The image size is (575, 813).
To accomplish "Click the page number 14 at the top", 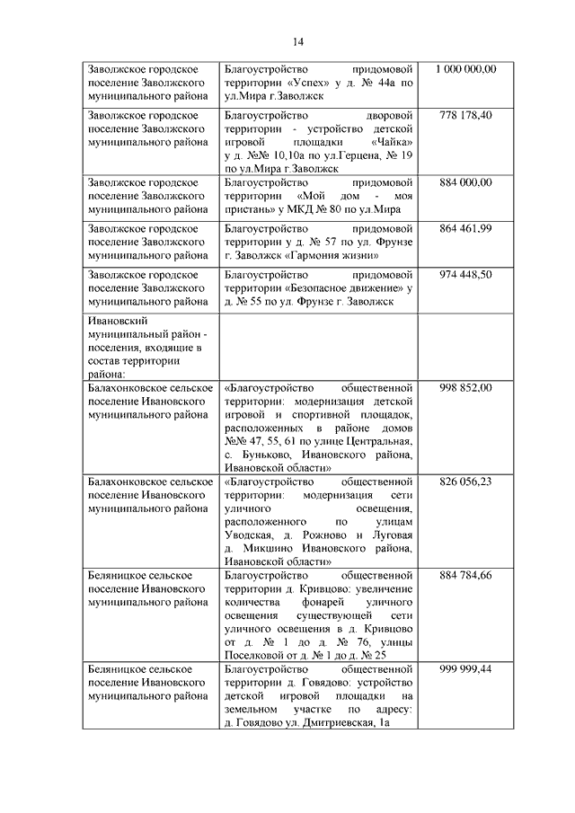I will tap(297, 40).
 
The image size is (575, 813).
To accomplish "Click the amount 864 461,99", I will tap(466, 229).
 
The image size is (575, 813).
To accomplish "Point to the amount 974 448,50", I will tap(466, 275).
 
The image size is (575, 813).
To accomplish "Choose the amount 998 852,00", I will tap(466, 387).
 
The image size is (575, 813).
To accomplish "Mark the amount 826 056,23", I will tap(466, 482).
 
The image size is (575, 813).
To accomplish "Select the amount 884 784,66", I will tap(466, 575).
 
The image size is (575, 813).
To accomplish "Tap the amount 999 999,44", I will tap(466, 670).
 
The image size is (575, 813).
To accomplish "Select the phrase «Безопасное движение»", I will tap(342, 288).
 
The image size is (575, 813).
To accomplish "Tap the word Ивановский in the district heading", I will tap(118, 320).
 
